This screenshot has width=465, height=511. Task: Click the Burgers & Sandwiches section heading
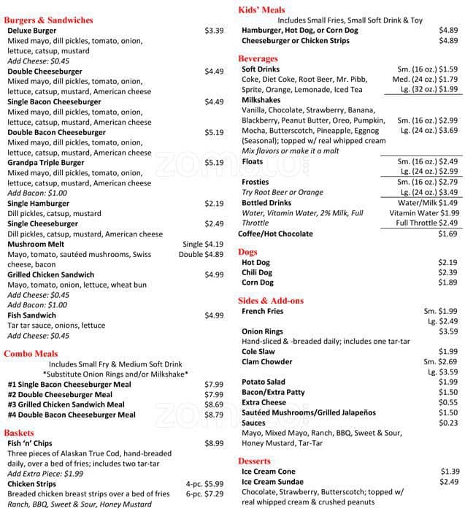[49, 20]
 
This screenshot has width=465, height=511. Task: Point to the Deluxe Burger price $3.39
[214, 31]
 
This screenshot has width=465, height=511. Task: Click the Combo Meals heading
[31, 353]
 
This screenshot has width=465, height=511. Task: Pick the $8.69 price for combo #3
[214, 404]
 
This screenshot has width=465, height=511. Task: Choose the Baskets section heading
[19, 432]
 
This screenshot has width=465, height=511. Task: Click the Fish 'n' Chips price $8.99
[214, 443]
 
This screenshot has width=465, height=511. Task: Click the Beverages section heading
[258, 58]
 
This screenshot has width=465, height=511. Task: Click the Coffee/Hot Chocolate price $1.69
[447, 234]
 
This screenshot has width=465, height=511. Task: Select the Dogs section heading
[247, 252]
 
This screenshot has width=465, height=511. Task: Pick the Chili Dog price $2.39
[447, 272]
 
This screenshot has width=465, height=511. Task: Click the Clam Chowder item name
[267, 361]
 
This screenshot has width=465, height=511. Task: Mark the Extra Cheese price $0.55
[447, 402]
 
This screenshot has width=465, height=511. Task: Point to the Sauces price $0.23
[447, 423]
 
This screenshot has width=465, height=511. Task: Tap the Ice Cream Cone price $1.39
[450, 472]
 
